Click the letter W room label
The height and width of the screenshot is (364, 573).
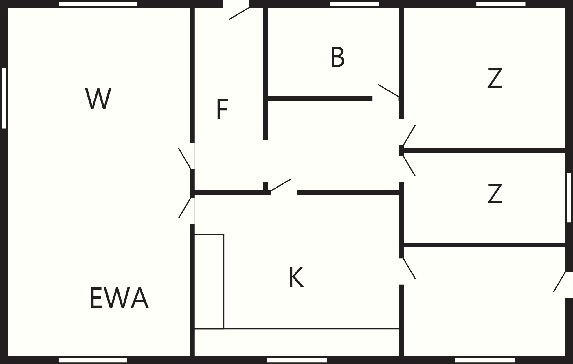(98, 99)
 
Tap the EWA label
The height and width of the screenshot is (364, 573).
(119, 298)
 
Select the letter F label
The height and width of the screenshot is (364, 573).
(222, 109)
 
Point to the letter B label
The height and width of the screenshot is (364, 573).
(337, 57)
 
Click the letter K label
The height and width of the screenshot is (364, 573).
(296, 277)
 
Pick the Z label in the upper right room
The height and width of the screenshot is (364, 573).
(495, 78)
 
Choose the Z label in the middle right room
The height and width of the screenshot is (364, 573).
(495, 193)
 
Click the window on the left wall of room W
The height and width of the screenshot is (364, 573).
(4, 98)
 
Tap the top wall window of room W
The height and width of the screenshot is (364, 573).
(98, 4)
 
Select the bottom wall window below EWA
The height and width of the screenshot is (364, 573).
(93, 360)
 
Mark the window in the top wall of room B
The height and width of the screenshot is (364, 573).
(355, 4)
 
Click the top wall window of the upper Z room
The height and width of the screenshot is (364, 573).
(501, 4)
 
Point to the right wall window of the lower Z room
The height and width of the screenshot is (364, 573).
(569, 198)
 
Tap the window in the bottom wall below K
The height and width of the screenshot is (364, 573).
(297, 360)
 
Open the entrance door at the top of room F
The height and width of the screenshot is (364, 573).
(239, 13)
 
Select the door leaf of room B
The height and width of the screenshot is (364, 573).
(389, 91)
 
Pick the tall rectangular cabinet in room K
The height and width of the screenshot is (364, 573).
(209, 281)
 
